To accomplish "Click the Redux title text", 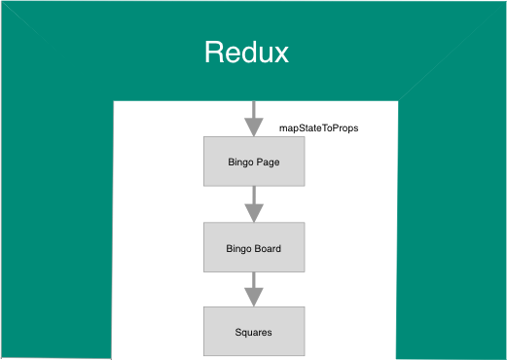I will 246,52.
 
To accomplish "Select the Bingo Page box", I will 253,162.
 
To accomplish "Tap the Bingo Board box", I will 253,247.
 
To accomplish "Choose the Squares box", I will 253,331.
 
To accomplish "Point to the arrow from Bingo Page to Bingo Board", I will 253,204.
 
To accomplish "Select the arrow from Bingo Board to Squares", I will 253,288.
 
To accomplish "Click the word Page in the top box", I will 269,162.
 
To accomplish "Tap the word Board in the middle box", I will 268,248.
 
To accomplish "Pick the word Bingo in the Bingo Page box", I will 239,162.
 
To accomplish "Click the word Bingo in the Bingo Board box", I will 238,248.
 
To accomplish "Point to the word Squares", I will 253,332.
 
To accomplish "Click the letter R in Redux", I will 214,52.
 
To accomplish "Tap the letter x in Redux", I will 280,54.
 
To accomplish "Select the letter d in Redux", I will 247,52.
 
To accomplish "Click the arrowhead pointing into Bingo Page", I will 253,127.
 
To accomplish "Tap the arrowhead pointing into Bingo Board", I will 253,213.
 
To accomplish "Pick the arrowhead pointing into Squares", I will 253,297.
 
